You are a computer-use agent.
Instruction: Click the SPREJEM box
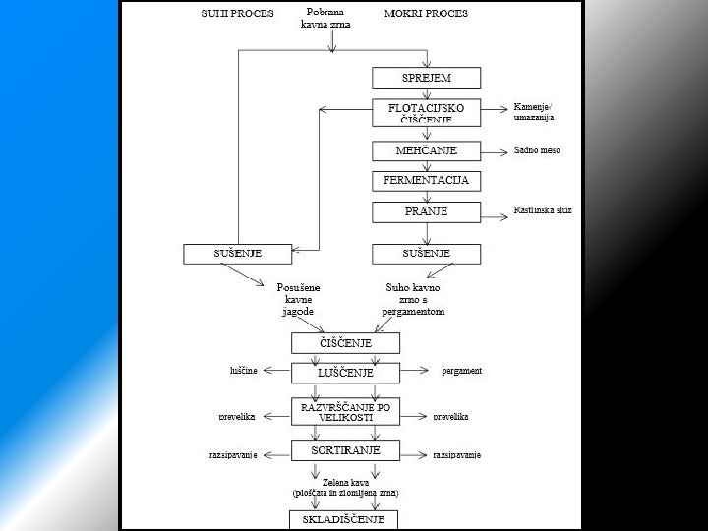coord(426,78)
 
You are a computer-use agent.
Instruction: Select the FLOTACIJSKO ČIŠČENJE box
coord(426,112)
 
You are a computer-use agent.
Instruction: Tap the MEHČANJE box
coord(426,150)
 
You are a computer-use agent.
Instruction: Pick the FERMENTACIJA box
coord(426,181)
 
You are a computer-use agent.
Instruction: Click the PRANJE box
coord(426,211)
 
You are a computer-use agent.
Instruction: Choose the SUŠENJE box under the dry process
coord(238,254)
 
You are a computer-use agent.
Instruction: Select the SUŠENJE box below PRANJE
coord(426,254)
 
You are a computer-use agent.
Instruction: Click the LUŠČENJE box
coord(345,373)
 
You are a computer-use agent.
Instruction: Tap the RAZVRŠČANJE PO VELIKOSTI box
coord(345,411)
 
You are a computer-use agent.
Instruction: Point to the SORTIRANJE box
coord(345,450)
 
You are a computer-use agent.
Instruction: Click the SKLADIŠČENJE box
coord(343,518)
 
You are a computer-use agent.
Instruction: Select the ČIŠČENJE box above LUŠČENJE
coord(345,342)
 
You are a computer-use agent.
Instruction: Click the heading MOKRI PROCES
coord(425,14)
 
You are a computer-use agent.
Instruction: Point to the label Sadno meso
coord(537,150)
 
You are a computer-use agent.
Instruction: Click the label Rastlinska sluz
coord(543,210)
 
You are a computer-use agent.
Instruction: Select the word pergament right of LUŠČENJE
coord(461,371)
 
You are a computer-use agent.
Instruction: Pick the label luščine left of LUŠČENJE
coord(243,371)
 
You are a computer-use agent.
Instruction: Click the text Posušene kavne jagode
coord(297,299)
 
